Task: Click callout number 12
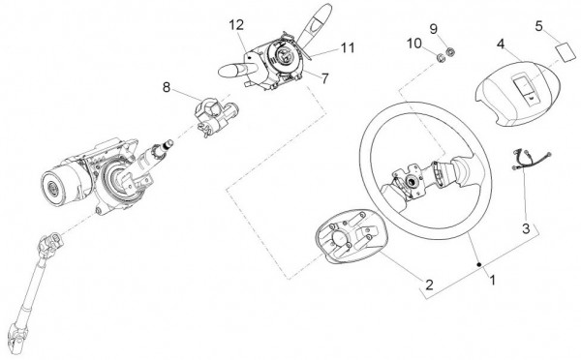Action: point(236,25)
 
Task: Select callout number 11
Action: point(348,47)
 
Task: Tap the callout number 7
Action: point(325,78)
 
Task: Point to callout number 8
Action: point(167,87)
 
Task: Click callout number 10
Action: point(414,44)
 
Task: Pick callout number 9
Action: point(434,29)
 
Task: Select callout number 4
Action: point(501,45)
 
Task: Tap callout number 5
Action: point(539,26)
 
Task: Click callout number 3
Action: point(526,228)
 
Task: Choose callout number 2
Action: point(429,285)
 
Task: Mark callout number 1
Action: point(493,280)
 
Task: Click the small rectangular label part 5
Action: point(566,52)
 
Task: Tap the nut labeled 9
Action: point(450,52)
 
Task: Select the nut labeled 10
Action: point(441,58)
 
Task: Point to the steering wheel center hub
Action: point(411,181)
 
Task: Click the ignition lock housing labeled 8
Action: point(216,116)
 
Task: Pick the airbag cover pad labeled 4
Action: point(518,94)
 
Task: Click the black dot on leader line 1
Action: point(479,264)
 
